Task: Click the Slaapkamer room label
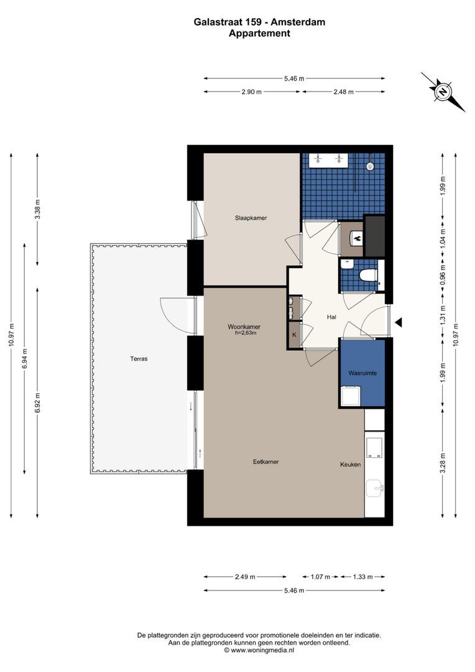(x=251, y=218)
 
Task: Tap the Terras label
(x=139, y=359)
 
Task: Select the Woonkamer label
(x=244, y=327)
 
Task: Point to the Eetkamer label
(x=265, y=462)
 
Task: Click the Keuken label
(x=351, y=464)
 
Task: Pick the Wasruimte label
(x=362, y=373)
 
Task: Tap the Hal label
(x=331, y=317)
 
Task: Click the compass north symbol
(x=443, y=91)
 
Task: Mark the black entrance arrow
(x=399, y=322)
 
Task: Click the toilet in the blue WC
(x=367, y=275)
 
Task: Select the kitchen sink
(x=375, y=488)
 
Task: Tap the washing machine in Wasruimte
(x=351, y=396)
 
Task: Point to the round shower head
(x=370, y=166)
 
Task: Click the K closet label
(x=294, y=334)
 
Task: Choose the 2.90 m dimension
(x=251, y=91)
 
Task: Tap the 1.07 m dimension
(x=321, y=577)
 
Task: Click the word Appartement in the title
(x=259, y=34)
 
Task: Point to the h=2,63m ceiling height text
(x=245, y=332)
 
